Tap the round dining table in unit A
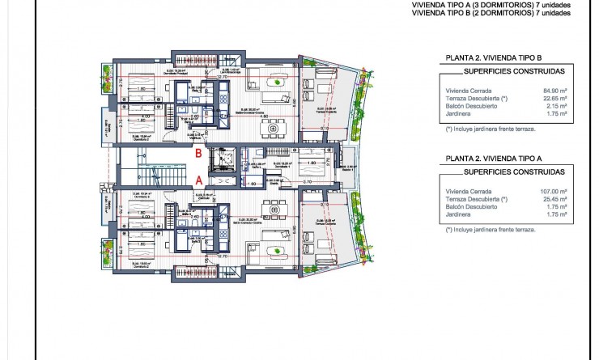273,208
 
